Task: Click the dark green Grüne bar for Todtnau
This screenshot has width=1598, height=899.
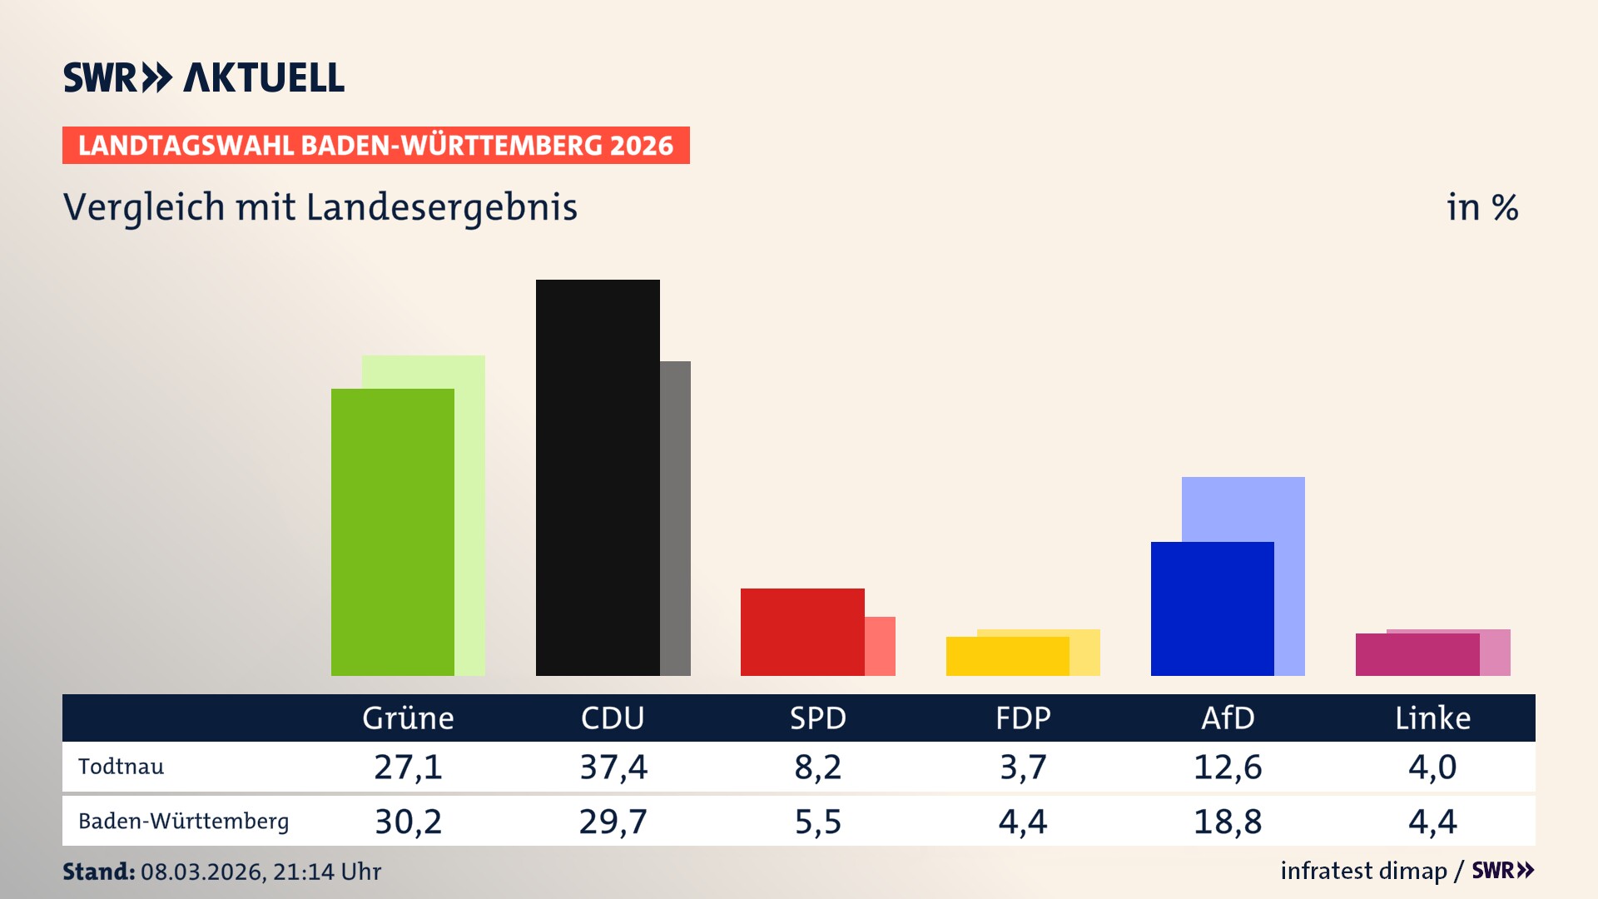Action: (393, 533)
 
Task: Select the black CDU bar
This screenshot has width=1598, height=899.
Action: (598, 478)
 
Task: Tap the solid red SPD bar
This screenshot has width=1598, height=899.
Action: (802, 632)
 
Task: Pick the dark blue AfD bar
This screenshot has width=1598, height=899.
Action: (1212, 608)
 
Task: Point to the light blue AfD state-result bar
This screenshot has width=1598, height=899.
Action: (1244, 508)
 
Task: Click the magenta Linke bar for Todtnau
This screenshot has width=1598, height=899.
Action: (1417, 655)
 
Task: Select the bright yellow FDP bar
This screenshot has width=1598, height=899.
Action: (1007, 657)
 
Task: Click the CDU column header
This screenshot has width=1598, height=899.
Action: (613, 718)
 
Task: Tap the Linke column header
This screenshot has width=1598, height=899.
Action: (1432, 718)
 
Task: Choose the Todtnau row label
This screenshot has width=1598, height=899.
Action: (122, 767)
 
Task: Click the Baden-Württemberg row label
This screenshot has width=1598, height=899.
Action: (184, 822)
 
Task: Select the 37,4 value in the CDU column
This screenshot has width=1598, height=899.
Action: (613, 767)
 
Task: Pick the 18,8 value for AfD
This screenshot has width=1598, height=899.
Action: (1228, 822)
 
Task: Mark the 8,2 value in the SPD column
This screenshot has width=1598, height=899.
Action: (818, 767)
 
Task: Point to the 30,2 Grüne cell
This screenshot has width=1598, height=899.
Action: (408, 822)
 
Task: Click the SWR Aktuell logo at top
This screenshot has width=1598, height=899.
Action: (204, 77)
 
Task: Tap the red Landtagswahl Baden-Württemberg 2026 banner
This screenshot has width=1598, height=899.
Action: (375, 146)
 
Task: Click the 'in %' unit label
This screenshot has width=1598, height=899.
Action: (1482, 208)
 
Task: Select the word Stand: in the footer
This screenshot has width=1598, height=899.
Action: (98, 872)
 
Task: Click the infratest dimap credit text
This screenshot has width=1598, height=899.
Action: (1363, 871)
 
